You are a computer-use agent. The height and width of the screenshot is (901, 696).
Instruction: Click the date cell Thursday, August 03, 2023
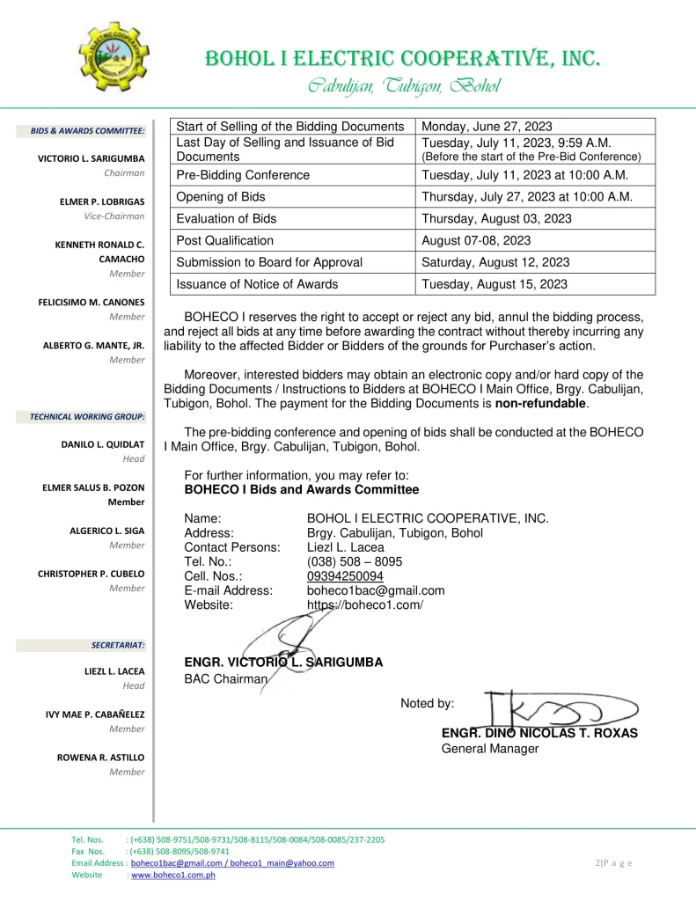pyautogui.click(x=496, y=219)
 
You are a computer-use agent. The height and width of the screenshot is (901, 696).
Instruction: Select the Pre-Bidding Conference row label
pyautogui.click(x=243, y=175)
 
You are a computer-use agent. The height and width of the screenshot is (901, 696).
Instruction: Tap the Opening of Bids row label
pyautogui.click(x=221, y=197)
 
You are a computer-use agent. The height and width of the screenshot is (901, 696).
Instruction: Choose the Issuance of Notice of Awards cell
pyautogui.click(x=257, y=284)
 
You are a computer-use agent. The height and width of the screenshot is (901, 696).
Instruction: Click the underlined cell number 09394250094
pyautogui.click(x=345, y=577)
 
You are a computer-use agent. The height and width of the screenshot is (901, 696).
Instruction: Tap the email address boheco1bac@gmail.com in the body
pyautogui.click(x=376, y=591)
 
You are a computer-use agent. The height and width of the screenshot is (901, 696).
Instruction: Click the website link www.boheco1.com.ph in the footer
pyautogui.click(x=173, y=875)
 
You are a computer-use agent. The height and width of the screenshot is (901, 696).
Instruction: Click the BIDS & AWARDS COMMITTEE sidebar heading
pyautogui.click(x=88, y=131)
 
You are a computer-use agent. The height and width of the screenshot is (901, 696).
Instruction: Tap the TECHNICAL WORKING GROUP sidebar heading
pyautogui.click(x=88, y=415)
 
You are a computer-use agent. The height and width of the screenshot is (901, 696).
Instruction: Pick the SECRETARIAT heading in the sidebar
pyautogui.click(x=118, y=645)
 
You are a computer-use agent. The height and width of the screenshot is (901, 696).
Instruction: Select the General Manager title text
pyautogui.click(x=489, y=749)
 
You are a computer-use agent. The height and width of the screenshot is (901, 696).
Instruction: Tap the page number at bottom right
pyautogui.click(x=613, y=862)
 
